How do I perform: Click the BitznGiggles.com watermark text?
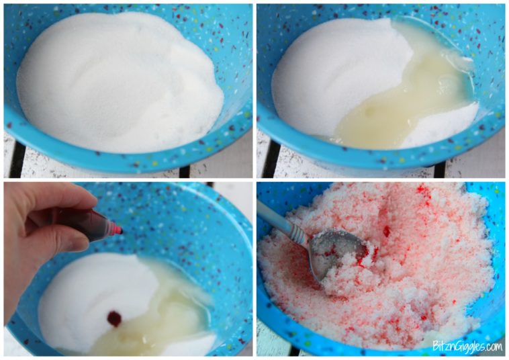(467, 347)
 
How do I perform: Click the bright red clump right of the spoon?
(387, 232)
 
